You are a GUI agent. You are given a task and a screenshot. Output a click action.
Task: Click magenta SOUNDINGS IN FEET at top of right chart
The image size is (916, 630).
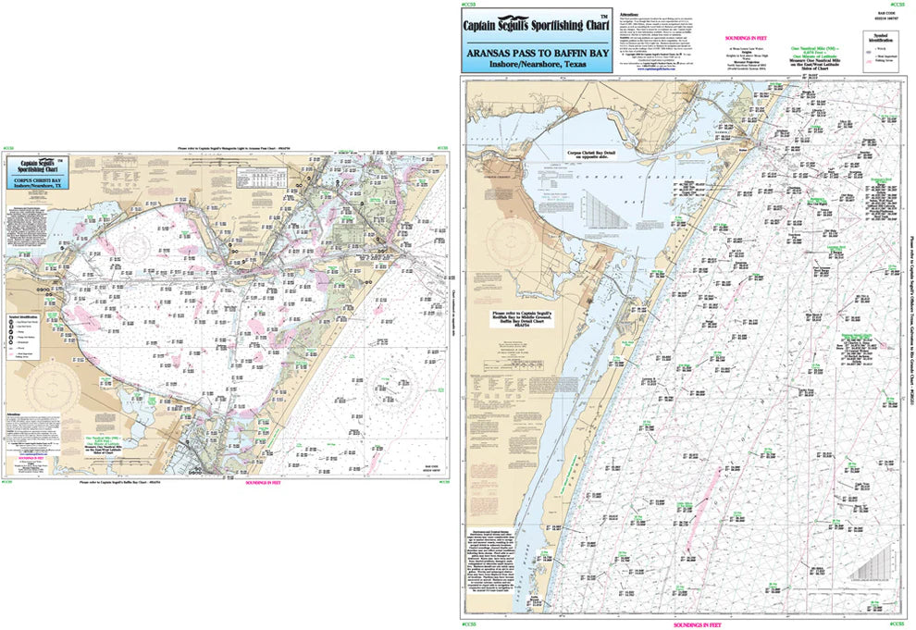(731, 42)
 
